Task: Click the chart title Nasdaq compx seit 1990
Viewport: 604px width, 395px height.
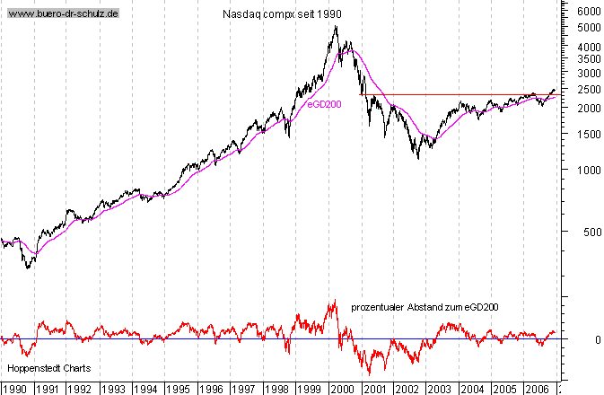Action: click(x=281, y=15)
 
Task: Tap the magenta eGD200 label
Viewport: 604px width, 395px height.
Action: click(x=324, y=104)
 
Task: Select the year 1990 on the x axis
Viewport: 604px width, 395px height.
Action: click(x=15, y=388)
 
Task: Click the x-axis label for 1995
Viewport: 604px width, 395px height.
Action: click(x=177, y=388)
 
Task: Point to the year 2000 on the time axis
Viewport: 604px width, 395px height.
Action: click(x=340, y=388)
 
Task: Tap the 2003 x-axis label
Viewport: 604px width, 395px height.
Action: click(x=438, y=388)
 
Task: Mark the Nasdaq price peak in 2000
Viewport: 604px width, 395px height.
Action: click(x=336, y=26)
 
